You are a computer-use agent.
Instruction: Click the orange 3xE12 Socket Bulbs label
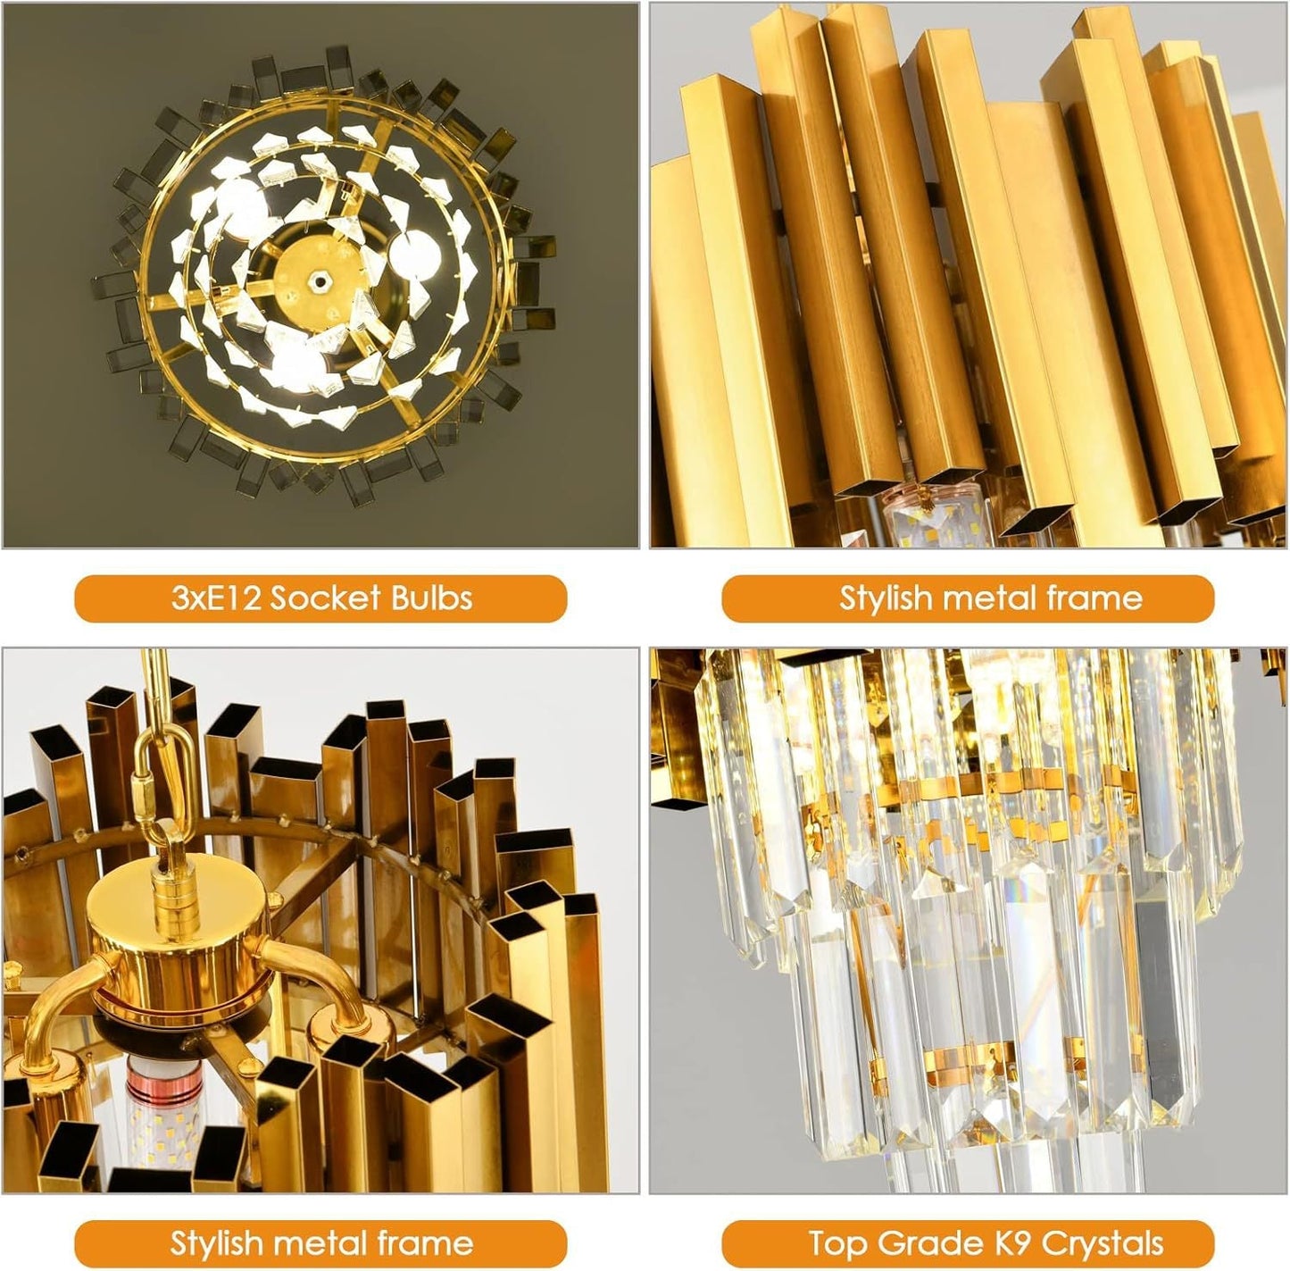(320, 598)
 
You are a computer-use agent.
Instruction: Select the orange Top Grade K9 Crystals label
(968, 1225)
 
